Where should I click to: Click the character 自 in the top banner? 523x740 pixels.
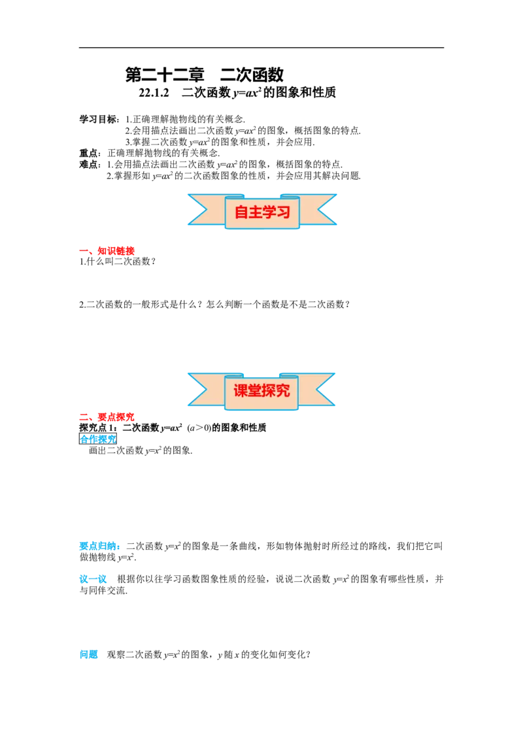point(241,212)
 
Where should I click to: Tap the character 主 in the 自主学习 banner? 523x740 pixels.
point(255,212)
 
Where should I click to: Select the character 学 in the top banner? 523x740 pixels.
point(269,212)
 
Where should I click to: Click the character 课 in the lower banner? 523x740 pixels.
point(241,391)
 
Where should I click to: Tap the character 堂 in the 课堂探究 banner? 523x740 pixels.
point(255,391)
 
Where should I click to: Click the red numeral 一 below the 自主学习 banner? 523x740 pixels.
point(84,251)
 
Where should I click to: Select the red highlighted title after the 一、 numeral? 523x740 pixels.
point(116,251)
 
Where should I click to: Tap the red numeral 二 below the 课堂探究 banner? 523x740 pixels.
point(84,417)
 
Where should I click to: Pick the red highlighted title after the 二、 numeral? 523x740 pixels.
point(116,417)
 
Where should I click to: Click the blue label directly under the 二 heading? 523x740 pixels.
point(98,439)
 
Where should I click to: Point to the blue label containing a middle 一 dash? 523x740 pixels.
point(93,579)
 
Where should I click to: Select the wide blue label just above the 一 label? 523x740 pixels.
point(99,546)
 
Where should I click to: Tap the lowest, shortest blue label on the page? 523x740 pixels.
point(89,654)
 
